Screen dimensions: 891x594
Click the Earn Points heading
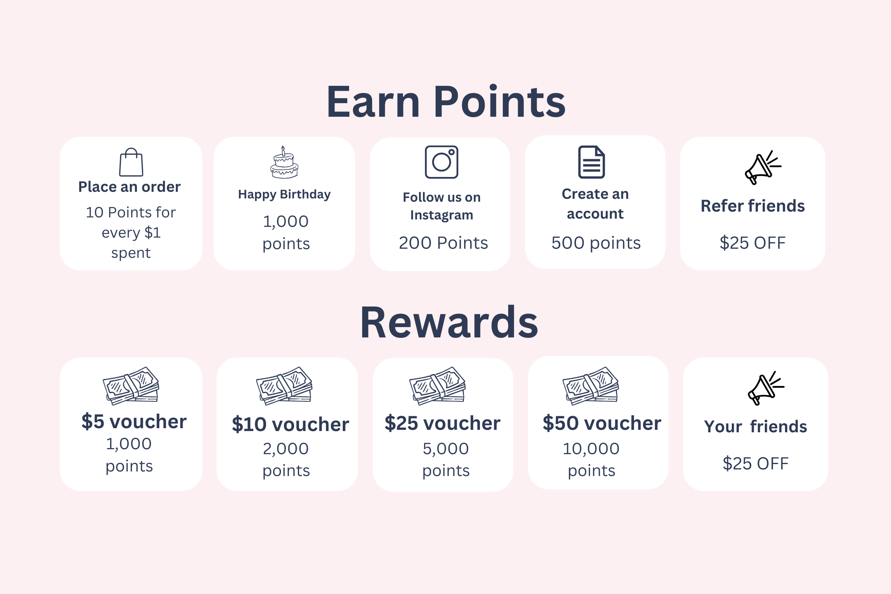[x=446, y=101]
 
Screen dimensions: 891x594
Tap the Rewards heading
[x=449, y=322]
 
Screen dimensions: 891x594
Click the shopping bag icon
[x=131, y=162]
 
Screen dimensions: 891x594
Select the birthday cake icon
[x=284, y=162]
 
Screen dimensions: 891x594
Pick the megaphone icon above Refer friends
[x=763, y=167]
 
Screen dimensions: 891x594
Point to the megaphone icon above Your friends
[x=766, y=388]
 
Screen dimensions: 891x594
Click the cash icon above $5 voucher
[x=131, y=386]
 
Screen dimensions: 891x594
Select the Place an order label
[x=130, y=187]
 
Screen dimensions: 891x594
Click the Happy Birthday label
[x=284, y=194]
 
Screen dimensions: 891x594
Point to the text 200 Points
[x=443, y=243]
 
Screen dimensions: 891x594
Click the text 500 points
[x=596, y=243]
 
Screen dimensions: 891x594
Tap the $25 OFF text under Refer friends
[x=753, y=243]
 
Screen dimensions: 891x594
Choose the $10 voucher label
[x=290, y=424]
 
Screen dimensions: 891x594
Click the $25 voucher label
[x=443, y=423]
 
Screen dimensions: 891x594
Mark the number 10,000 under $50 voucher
[x=591, y=449]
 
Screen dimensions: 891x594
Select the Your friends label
[x=755, y=427]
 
